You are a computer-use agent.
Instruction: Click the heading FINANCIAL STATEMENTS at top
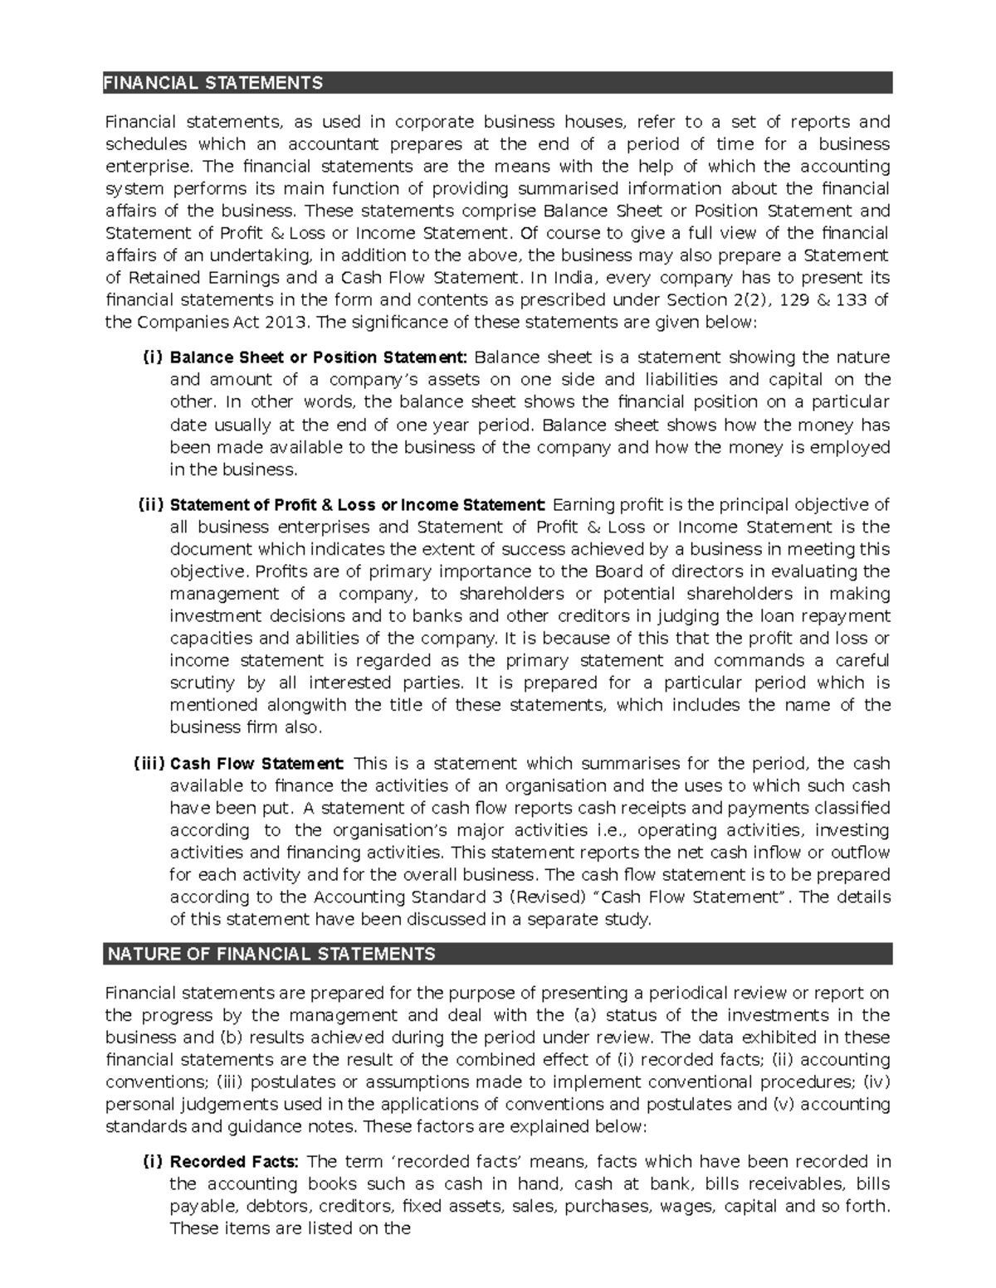[212, 83]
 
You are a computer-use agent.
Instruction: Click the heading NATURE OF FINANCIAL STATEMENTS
[271, 955]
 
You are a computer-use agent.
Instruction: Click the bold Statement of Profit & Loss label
[355, 505]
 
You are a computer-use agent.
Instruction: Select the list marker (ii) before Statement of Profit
[152, 505]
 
